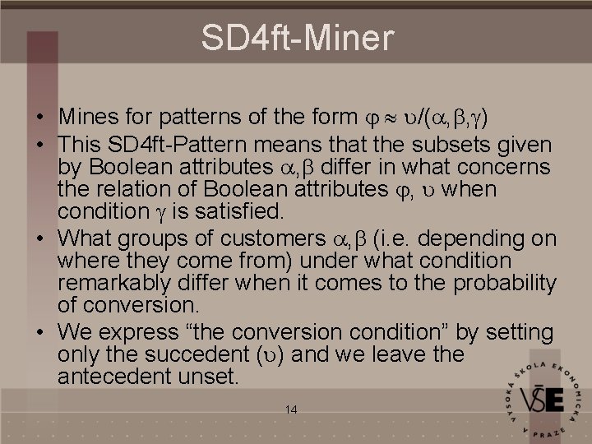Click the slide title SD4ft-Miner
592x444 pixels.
tap(298, 37)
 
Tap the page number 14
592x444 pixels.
tap(289, 409)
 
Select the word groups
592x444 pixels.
tap(143, 238)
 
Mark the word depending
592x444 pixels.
tap(479, 238)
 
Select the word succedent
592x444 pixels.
tap(210, 355)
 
